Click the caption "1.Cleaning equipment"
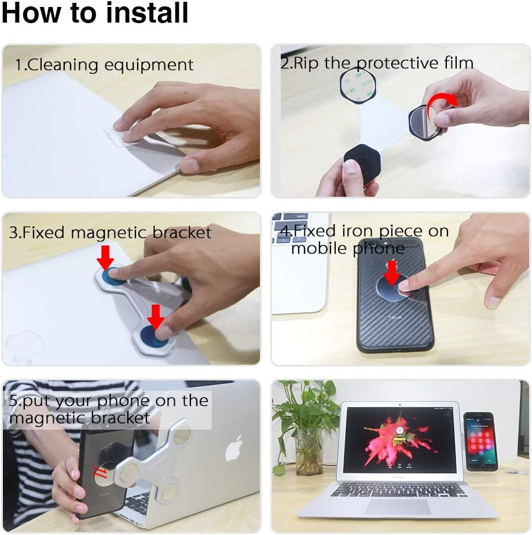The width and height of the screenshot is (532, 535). [x=104, y=64]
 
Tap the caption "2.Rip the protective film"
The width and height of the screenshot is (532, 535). [x=377, y=63]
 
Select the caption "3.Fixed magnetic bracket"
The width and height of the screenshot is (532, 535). [x=110, y=233]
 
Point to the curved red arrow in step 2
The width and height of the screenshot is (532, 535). [x=445, y=100]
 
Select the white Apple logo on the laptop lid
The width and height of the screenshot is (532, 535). [x=233, y=448]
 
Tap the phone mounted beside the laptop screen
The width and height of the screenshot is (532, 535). [x=480, y=441]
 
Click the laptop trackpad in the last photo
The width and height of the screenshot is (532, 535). [x=398, y=506]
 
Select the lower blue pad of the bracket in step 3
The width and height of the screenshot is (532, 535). [x=153, y=338]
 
